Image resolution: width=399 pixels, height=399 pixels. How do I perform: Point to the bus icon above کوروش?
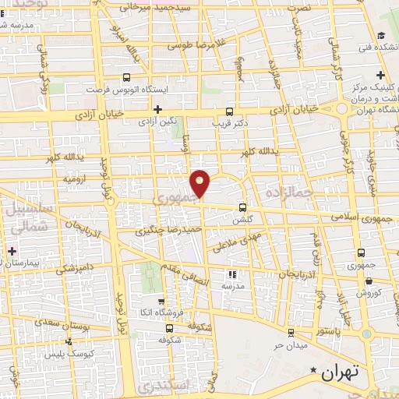363,280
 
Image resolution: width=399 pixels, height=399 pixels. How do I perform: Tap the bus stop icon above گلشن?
242,208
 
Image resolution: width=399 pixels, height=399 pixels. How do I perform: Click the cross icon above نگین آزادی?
157,108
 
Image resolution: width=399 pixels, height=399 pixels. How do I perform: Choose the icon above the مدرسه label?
231,274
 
